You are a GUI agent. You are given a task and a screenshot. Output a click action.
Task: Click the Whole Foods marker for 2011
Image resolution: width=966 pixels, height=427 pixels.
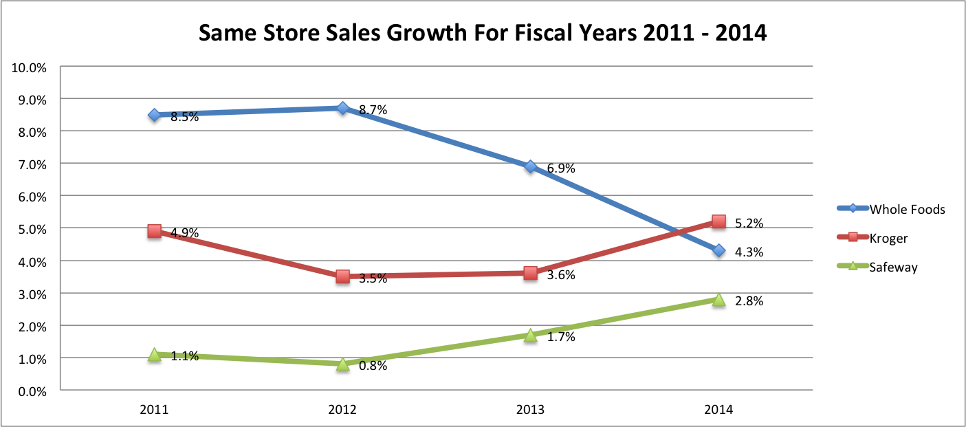point(154,115)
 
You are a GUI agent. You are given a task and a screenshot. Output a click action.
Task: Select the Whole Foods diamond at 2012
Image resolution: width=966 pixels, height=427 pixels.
point(342,108)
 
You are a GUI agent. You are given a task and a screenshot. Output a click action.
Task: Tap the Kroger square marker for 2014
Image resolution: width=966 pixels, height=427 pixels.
point(718,221)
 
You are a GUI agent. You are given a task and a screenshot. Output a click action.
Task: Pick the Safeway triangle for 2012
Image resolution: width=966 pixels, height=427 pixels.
point(342,364)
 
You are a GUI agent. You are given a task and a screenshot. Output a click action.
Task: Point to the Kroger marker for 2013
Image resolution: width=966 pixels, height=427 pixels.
point(530,273)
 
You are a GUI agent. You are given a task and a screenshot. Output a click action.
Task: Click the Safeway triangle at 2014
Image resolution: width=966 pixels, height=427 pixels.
point(718,300)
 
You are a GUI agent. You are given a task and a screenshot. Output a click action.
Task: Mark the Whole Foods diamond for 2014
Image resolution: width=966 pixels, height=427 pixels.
point(718,251)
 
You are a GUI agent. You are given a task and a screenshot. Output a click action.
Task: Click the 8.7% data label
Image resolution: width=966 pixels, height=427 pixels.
point(373,110)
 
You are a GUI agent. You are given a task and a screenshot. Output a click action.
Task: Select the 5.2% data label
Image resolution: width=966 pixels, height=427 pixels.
point(749,223)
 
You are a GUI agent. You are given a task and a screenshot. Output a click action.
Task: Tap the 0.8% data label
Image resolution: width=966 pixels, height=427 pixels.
point(373,366)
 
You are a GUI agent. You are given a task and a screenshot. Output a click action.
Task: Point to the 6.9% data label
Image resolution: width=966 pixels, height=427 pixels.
point(561,168)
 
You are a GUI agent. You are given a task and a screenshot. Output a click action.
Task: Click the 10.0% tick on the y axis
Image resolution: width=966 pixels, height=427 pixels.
point(28,67)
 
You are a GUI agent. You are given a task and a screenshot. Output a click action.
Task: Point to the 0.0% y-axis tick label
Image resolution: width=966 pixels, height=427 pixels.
point(31,391)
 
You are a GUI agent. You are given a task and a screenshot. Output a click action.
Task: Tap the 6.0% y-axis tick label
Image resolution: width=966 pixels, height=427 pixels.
point(31,197)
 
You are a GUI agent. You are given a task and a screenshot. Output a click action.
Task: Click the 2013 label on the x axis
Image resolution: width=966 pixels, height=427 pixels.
point(530,410)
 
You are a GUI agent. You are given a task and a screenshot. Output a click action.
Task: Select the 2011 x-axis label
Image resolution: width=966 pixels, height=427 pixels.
point(154,410)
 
